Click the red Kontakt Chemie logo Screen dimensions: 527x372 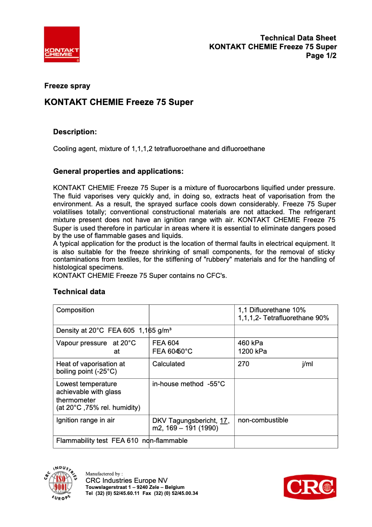[62, 44]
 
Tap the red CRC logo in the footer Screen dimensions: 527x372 [310, 487]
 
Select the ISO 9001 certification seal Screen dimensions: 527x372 [61, 483]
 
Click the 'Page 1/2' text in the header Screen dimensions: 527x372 [321, 56]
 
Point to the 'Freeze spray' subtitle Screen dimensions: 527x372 [67, 86]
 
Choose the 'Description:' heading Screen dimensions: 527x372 [75, 132]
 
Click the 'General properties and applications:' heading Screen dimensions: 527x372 [118, 171]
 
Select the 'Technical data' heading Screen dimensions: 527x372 [79, 292]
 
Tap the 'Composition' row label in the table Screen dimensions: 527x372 [75, 310]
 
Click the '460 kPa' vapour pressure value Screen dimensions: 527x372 [250, 343]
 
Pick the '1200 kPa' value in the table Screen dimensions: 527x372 [252, 351]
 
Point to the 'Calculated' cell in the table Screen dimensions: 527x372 [168, 364]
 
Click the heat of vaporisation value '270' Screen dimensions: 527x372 [244, 364]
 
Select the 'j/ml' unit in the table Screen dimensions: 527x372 [308, 364]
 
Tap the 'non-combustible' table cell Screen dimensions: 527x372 [263, 420]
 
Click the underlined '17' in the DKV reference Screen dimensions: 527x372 [224, 421]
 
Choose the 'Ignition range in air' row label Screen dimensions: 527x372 [85, 420]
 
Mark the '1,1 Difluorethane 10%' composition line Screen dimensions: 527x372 [272, 310]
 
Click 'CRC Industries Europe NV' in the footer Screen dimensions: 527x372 [127, 481]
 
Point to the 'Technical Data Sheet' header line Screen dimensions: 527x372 [298, 38]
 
